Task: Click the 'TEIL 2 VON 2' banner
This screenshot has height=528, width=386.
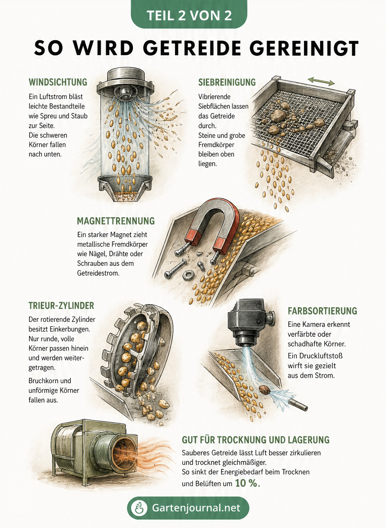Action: coord(189,15)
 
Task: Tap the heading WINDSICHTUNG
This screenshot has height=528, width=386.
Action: coord(58,82)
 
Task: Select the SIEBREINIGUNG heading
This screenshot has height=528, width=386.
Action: coord(227,82)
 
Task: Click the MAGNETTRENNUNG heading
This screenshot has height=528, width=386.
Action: coord(116,221)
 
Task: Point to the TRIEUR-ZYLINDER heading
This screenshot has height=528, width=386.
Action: coord(61,305)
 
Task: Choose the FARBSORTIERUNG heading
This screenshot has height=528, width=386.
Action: coord(322,311)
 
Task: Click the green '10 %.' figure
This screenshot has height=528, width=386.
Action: coord(247,483)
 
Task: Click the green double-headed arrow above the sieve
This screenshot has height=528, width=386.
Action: coord(321,81)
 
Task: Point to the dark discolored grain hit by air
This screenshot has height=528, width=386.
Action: coord(265,390)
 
